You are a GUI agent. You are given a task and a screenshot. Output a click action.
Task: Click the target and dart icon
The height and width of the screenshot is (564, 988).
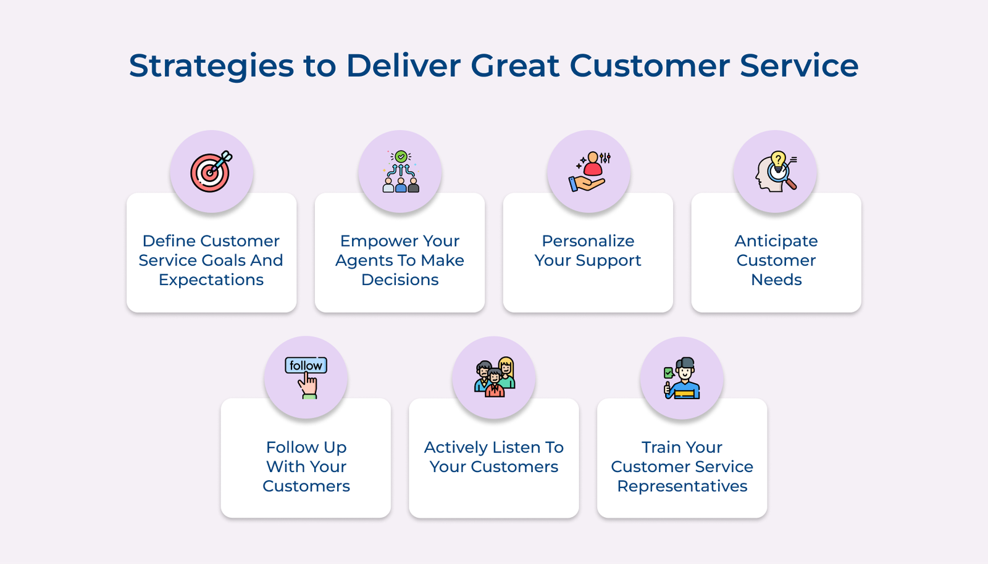click(211, 172)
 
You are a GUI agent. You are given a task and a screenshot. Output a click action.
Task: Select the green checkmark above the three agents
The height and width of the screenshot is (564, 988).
click(401, 156)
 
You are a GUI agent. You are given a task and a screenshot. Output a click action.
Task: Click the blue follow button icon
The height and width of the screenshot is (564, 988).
click(306, 365)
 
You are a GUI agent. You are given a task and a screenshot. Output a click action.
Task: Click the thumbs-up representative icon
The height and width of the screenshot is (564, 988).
click(682, 378)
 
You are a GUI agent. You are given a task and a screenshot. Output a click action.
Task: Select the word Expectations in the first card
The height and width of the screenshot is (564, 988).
click(211, 280)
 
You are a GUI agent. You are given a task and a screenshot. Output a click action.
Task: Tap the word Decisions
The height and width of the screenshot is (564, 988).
click(400, 280)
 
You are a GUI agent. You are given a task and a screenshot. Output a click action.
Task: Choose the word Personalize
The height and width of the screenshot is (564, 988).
click(588, 241)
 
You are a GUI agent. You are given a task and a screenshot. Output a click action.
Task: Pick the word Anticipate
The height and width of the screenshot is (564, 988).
click(776, 241)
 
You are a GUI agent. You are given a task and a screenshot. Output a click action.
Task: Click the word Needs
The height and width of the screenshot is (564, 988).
click(776, 280)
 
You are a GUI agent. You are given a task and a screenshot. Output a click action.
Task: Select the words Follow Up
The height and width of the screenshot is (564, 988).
click(306, 447)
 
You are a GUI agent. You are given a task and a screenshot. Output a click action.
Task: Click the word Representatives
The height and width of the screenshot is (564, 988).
click(682, 486)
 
